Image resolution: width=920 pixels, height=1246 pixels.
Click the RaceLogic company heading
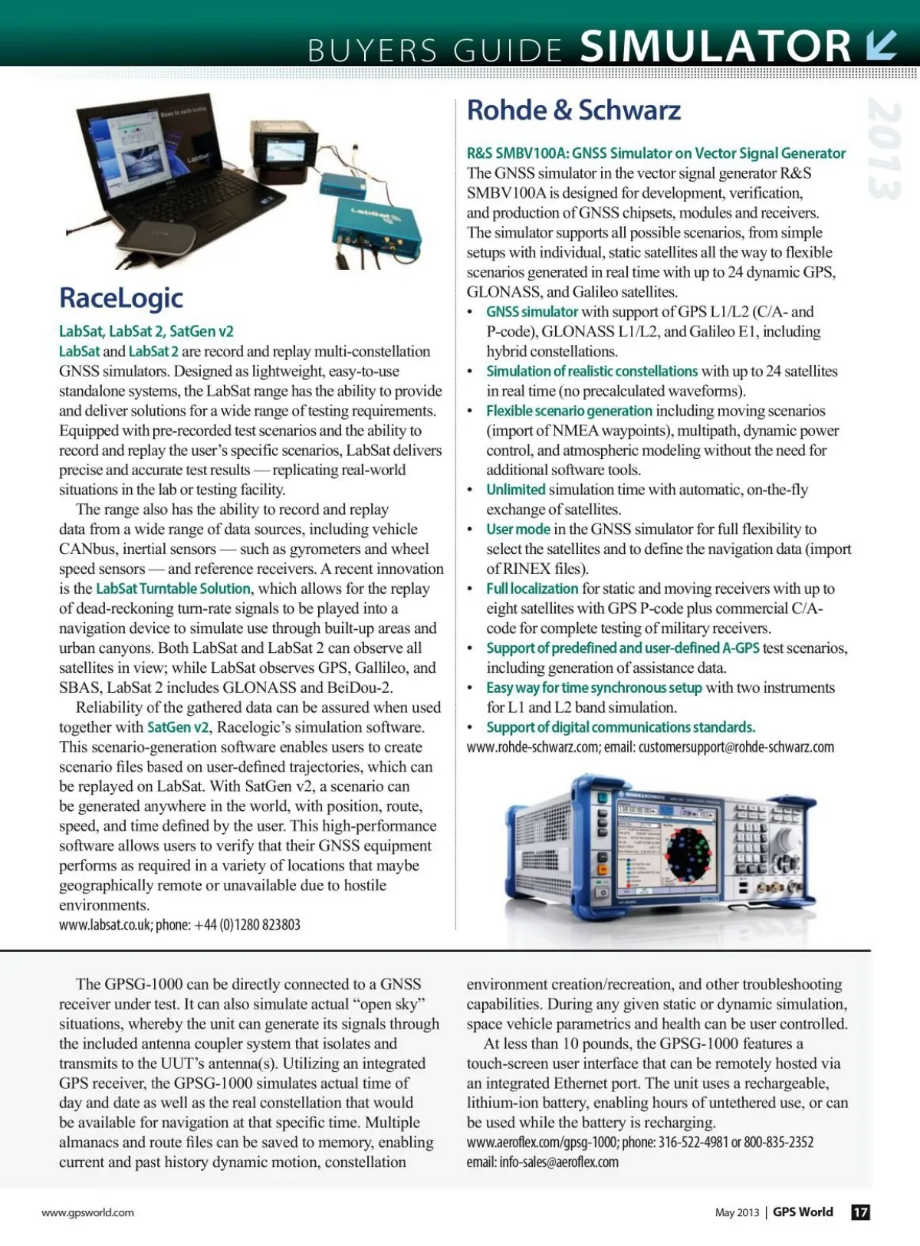coord(121,298)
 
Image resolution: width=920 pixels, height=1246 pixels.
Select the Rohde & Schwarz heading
coord(573,110)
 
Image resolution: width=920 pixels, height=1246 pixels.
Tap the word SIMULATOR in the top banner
coord(715,46)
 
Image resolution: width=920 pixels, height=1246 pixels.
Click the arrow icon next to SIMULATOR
coord(881,44)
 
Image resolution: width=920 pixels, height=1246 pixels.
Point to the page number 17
coord(861,1212)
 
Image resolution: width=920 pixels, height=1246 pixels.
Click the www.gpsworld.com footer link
coord(87,1212)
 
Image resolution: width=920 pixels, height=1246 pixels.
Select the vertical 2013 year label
coord(884,149)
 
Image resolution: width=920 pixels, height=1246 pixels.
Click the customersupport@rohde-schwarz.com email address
coord(736,747)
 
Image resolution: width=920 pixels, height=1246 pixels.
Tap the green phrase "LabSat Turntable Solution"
coord(173,589)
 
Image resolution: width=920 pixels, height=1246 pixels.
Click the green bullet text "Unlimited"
coord(515,490)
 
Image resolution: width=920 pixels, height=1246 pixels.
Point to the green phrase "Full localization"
coord(532,589)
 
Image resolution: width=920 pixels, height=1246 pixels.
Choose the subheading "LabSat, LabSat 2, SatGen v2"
coord(146,332)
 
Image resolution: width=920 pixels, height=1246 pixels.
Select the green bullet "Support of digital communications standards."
coord(620,727)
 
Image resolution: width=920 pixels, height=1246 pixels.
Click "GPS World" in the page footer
coord(803,1212)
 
